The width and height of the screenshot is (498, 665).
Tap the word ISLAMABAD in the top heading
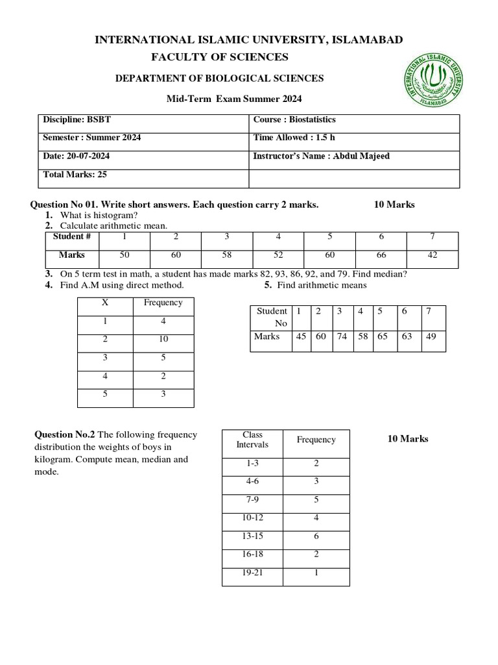pyautogui.click(x=367, y=40)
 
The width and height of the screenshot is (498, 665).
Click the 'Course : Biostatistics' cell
pyautogui.click(x=294, y=120)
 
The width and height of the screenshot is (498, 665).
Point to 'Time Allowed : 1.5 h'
pyautogui.click(x=294, y=138)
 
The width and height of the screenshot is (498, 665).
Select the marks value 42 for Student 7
pyautogui.click(x=433, y=255)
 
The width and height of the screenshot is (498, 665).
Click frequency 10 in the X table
pyautogui.click(x=163, y=339)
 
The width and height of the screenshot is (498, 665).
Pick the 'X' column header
pyautogui.click(x=105, y=303)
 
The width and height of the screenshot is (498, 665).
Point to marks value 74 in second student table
pyautogui.click(x=339, y=336)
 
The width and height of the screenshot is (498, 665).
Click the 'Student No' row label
pyautogui.click(x=271, y=317)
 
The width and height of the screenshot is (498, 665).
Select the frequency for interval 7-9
pyautogui.click(x=316, y=500)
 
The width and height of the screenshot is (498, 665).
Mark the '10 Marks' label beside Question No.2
pyautogui.click(x=408, y=439)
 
